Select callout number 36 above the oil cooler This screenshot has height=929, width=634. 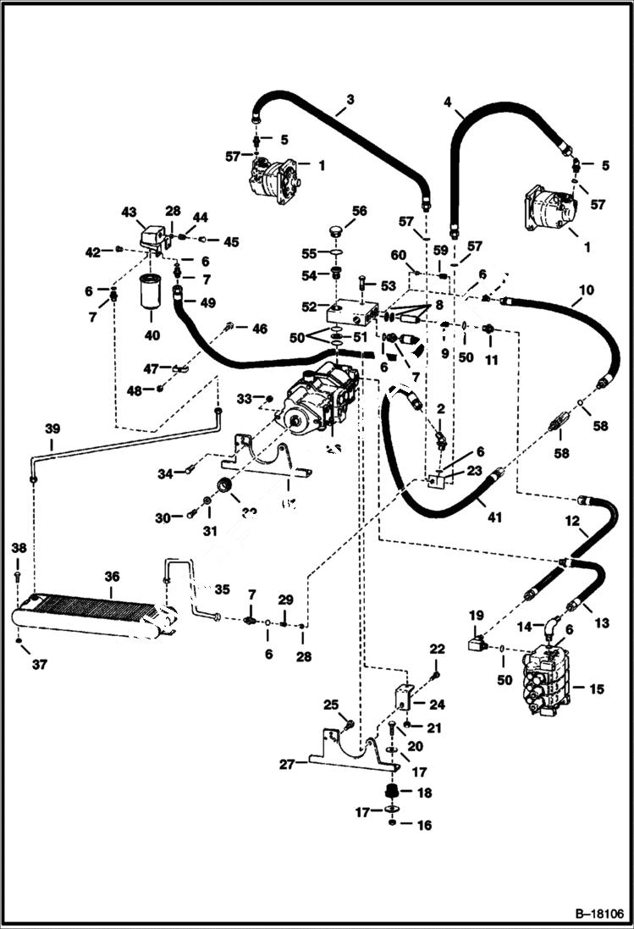(112, 576)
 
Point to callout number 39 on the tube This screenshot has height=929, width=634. (52, 429)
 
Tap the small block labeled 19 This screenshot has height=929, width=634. (477, 645)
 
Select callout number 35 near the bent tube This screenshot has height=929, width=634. (221, 589)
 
